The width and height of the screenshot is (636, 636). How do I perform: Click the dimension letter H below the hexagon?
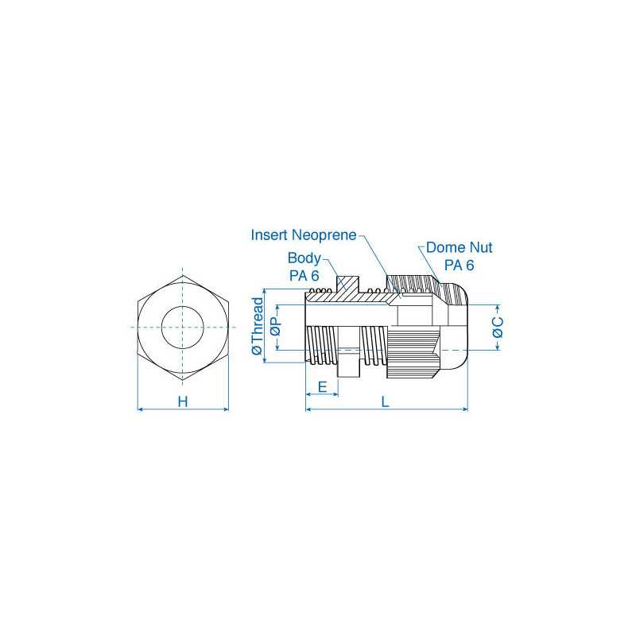pos(183,401)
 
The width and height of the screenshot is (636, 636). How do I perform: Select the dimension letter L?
pos(386,401)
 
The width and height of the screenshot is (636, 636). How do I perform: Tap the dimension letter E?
pos(322,386)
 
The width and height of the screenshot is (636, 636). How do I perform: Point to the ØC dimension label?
pos(498,328)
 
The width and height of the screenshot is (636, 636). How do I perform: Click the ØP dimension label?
pos(275,328)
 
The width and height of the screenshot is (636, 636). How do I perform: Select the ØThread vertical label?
pos(257,328)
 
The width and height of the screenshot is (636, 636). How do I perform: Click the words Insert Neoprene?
pos(303,235)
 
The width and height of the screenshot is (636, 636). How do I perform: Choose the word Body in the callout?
pos(304,258)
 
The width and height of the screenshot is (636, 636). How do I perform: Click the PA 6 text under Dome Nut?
pos(459,265)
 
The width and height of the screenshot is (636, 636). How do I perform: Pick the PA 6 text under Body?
pos(304,275)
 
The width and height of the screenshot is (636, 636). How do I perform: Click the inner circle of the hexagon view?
pos(183,327)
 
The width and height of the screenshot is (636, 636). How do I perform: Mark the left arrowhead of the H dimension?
pos(142,409)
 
